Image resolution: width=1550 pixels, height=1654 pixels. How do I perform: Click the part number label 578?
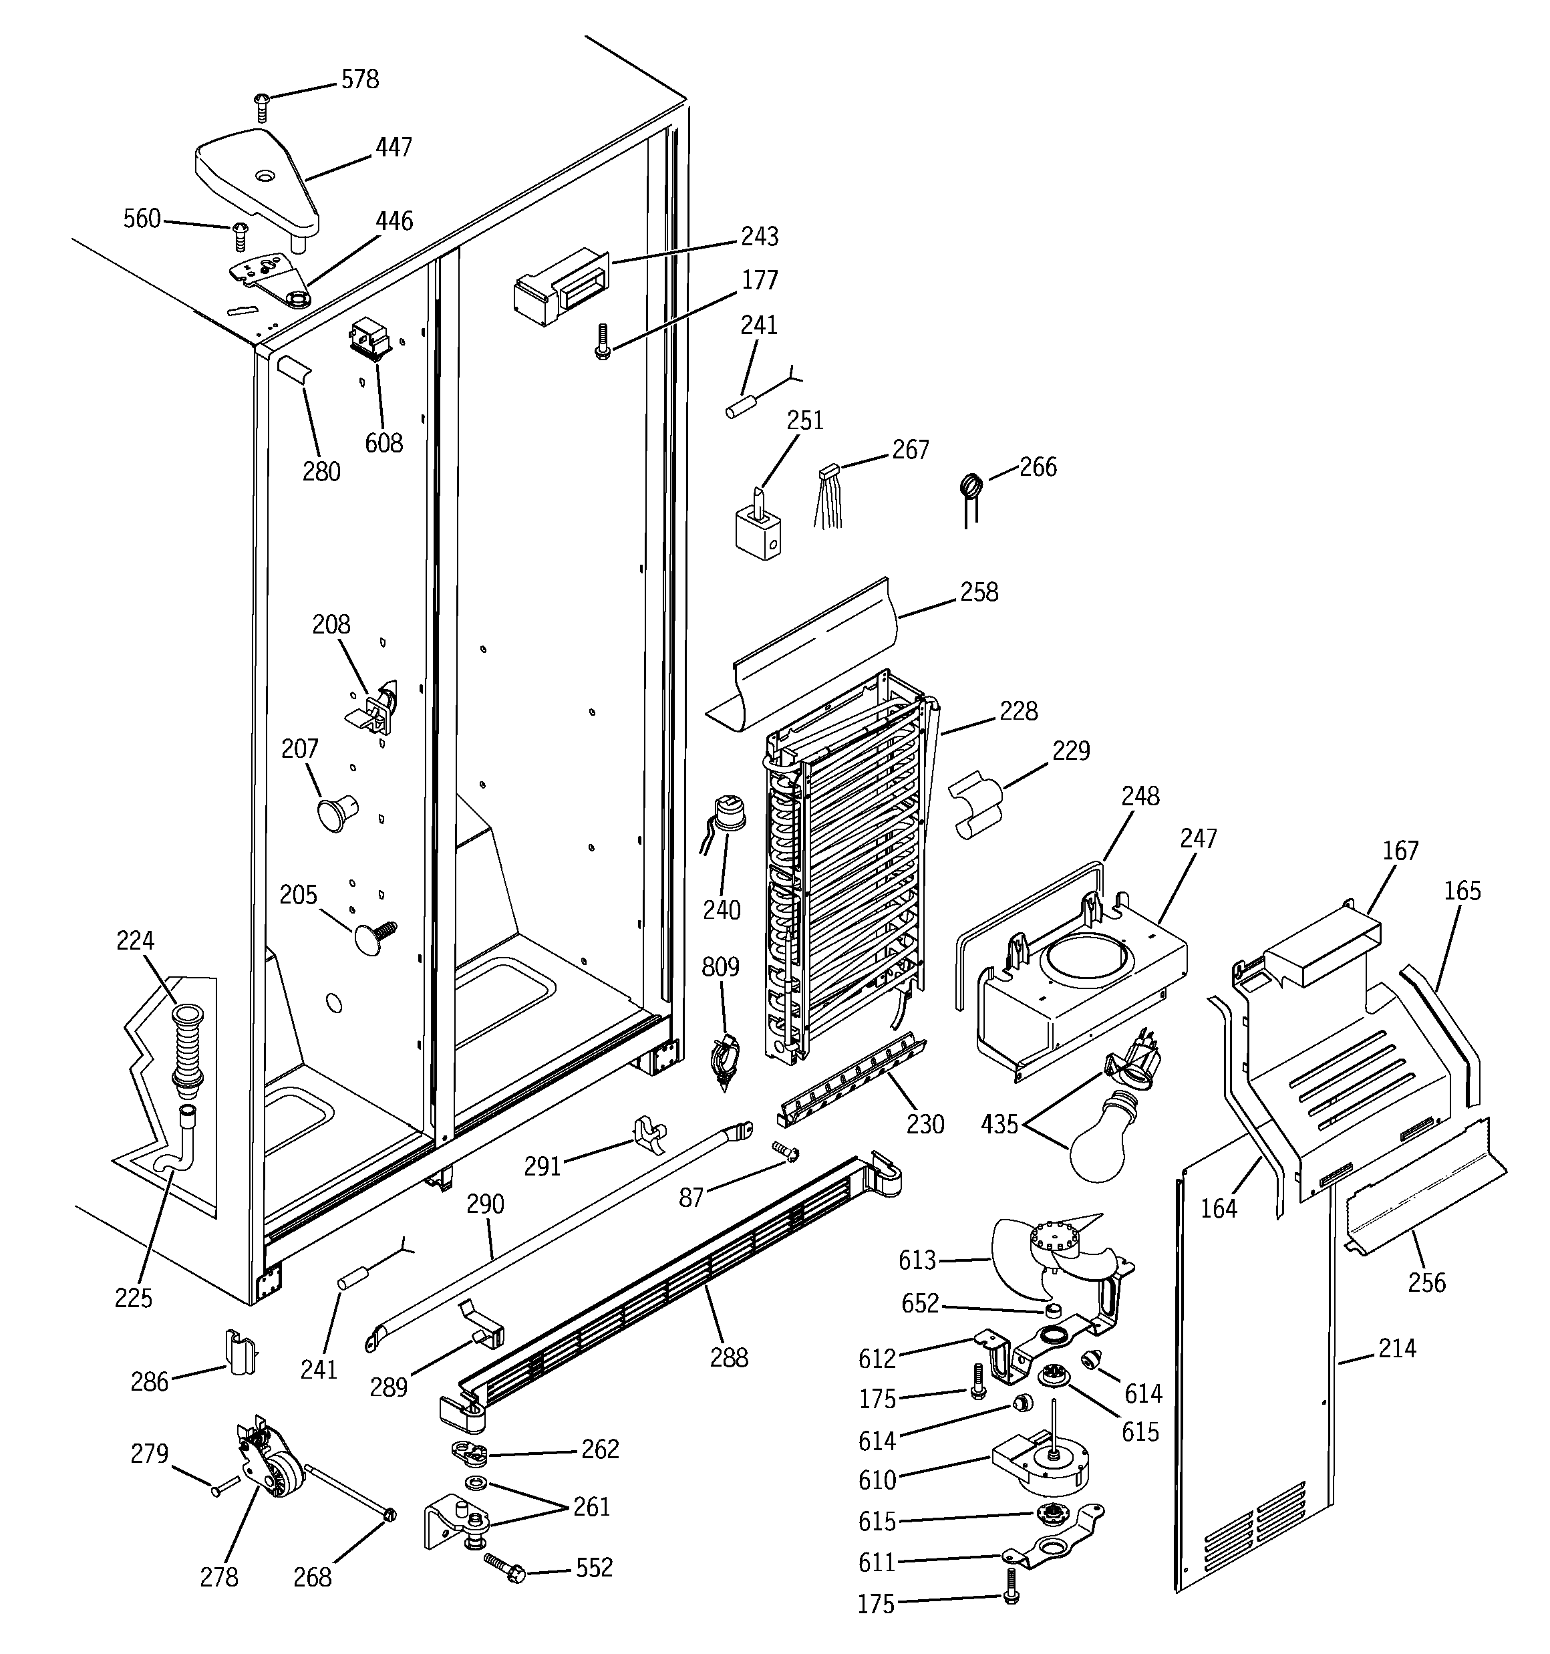coord(359,80)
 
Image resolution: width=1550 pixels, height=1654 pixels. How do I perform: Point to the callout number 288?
coord(729,1358)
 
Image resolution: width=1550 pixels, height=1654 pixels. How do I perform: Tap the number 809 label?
coord(720,967)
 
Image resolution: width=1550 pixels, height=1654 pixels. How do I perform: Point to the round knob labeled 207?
coord(335,812)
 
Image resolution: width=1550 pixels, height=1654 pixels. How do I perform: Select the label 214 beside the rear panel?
coord(1397,1348)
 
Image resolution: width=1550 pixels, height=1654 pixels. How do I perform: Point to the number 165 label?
coord(1462,891)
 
